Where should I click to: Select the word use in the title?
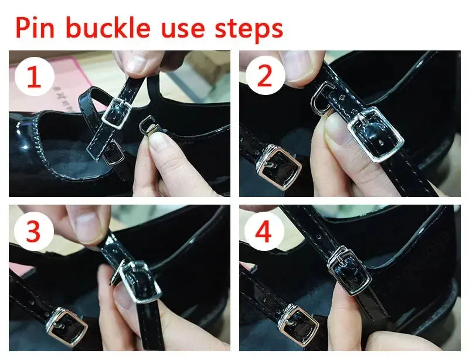[x=183, y=29]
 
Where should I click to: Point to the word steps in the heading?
[x=249, y=30]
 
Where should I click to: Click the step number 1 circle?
[x=34, y=76]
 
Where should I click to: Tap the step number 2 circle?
[x=265, y=76]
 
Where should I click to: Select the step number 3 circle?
[x=33, y=232]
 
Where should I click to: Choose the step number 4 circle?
[x=264, y=232]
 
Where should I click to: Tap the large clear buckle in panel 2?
[x=375, y=134]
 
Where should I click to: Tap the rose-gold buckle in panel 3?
[x=66, y=326]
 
